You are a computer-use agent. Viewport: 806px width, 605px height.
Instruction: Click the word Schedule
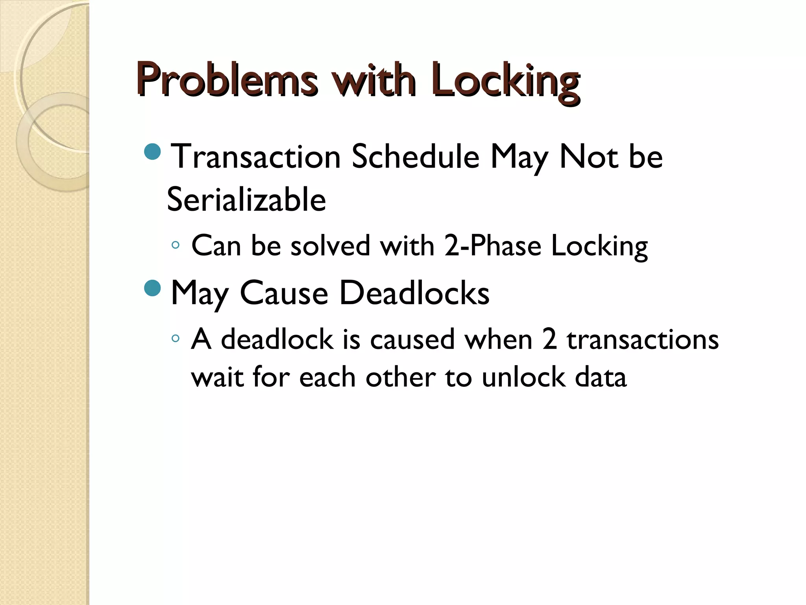tap(415, 157)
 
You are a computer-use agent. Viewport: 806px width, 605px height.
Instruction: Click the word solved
tap(330, 246)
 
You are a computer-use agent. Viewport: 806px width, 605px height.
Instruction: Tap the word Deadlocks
tap(414, 293)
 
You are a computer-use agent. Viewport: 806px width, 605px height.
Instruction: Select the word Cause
tap(284, 293)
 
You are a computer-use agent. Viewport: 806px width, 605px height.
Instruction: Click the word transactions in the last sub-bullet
tap(643, 340)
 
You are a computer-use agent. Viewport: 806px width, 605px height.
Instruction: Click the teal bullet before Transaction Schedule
tap(153, 152)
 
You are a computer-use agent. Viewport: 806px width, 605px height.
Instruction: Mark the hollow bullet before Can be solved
tap(176, 245)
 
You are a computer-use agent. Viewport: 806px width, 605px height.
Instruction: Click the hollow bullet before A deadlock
tap(176, 338)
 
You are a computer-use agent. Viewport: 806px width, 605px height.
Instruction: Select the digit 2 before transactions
tap(549, 340)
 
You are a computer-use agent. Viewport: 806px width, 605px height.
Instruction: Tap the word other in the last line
tap(400, 377)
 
